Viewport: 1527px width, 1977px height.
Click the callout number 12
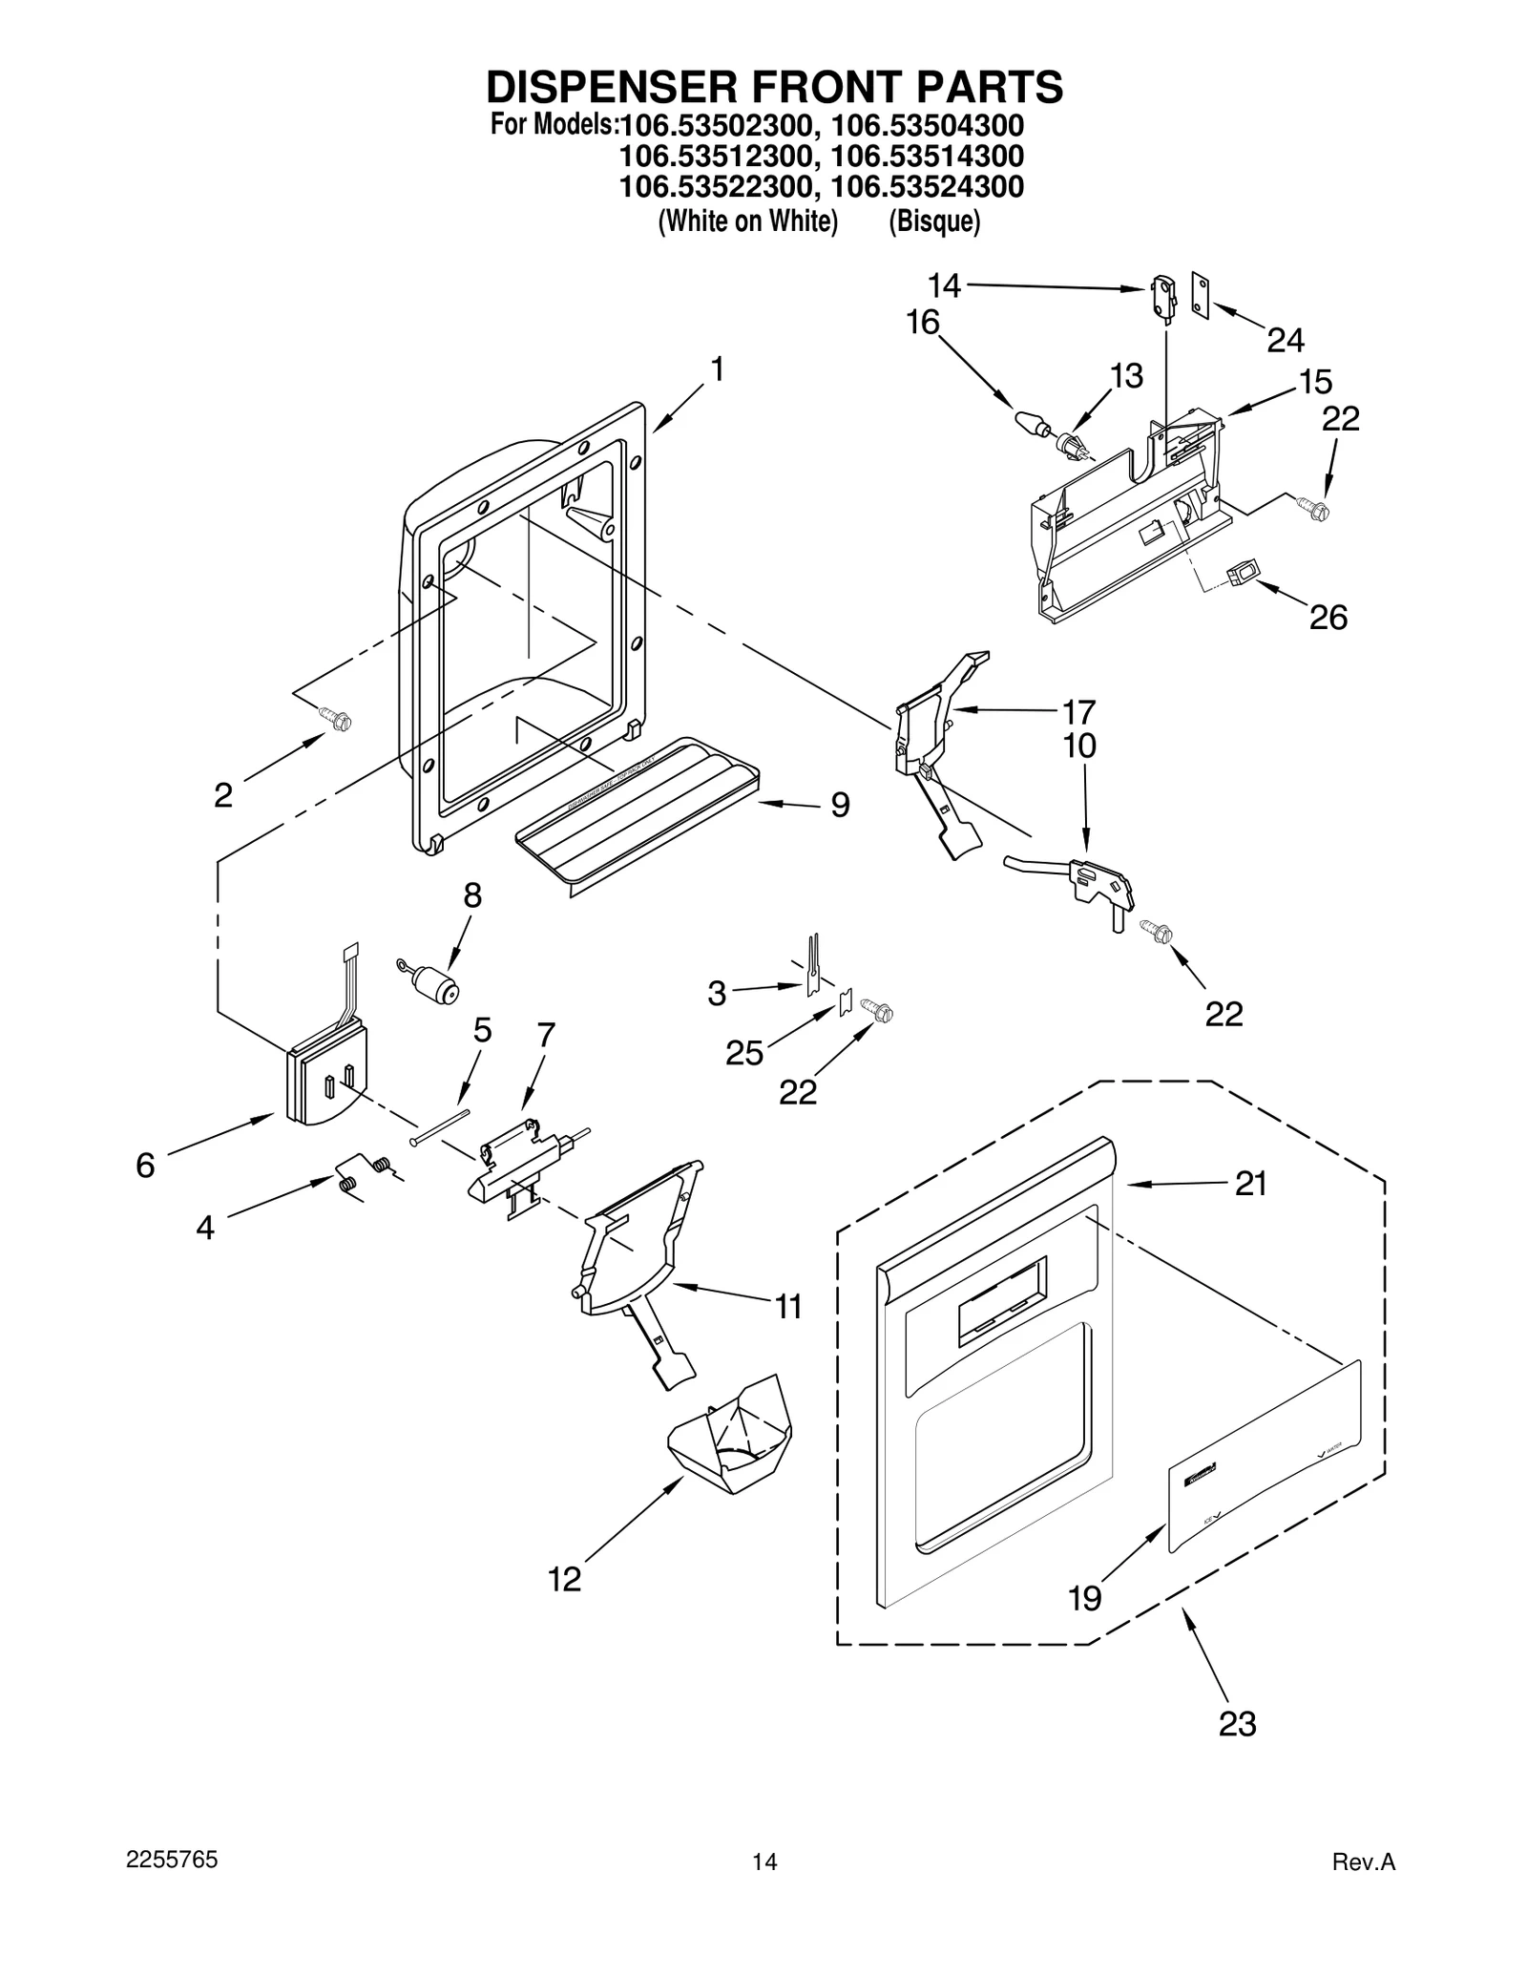tap(564, 1579)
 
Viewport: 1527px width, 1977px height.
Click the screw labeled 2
tap(335, 719)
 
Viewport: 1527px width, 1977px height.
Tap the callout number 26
tap(1328, 618)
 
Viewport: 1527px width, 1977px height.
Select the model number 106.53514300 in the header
tap(927, 156)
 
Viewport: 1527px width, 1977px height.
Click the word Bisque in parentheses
tap(934, 221)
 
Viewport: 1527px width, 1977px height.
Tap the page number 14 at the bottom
tap(764, 1887)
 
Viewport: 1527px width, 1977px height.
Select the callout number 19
tap(1085, 1597)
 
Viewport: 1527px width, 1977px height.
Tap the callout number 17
tap(1078, 711)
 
